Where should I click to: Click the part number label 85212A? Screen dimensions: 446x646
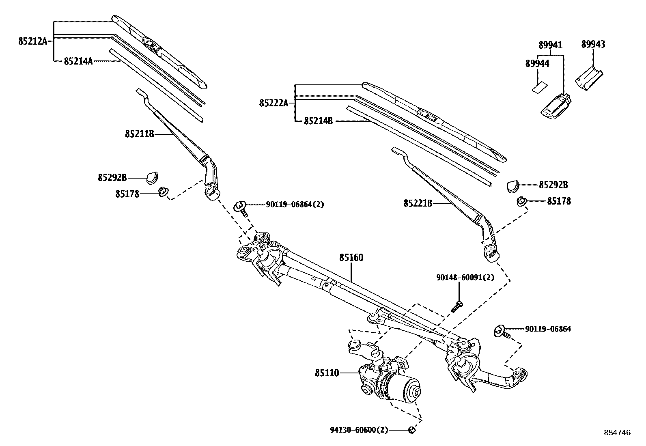(x=32, y=41)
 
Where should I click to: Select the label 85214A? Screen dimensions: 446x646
(x=78, y=61)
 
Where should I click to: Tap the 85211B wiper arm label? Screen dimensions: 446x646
(x=139, y=134)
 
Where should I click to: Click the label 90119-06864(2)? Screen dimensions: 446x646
(x=295, y=205)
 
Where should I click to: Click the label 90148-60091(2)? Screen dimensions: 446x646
(x=465, y=278)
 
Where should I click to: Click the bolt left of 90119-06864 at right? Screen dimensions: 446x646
(x=501, y=331)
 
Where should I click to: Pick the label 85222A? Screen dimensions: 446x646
(x=273, y=103)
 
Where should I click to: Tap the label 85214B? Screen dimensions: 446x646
(x=318, y=121)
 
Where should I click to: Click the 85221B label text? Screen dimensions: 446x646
(x=418, y=203)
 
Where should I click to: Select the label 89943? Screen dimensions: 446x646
(x=593, y=44)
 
